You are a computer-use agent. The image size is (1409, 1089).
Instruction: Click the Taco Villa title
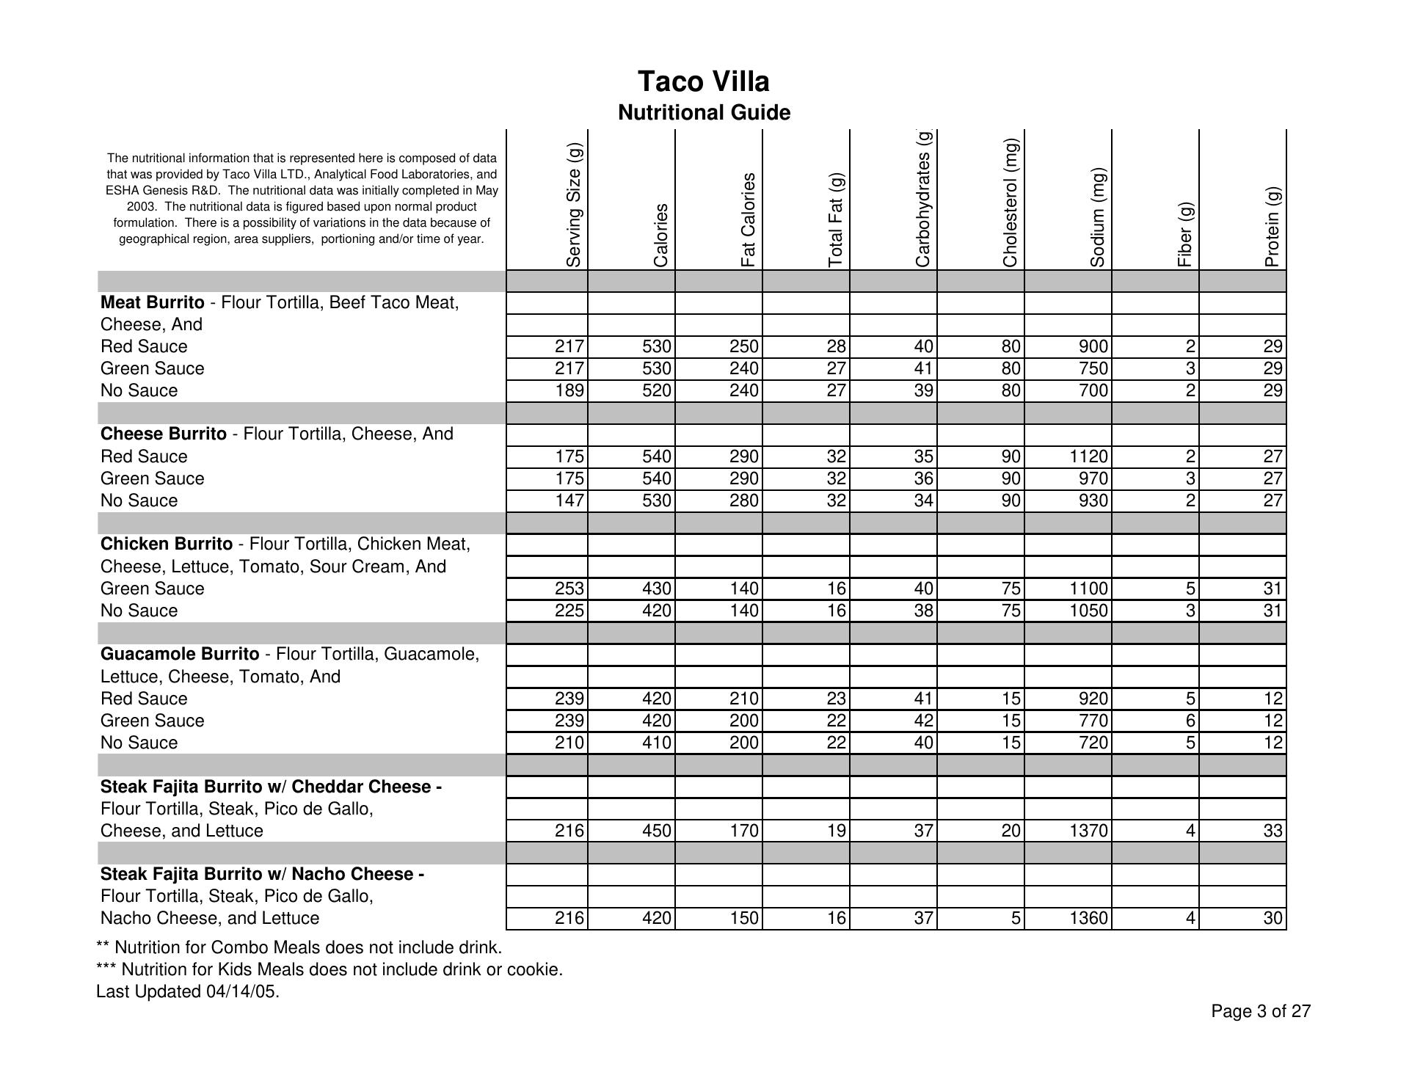click(x=703, y=81)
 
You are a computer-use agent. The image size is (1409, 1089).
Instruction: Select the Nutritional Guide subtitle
click(x=703, y=113)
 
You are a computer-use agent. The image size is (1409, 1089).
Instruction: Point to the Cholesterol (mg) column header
click(x=1011, y=203)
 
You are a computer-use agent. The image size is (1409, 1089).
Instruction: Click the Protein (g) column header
click(x=1273, y=226)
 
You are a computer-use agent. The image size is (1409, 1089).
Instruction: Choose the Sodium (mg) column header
click(x=1098, y=217)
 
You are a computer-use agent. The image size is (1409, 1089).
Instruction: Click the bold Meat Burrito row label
click(x=153, y=302)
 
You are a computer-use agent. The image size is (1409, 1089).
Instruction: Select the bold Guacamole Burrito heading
click(x=180, y=654)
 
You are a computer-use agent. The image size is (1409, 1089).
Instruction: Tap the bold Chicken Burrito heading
click(x=167, y=544)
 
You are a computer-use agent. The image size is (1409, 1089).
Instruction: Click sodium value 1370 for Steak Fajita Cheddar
click(x=1088, y=831)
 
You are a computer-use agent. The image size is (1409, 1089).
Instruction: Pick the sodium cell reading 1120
click(x=1088, y=456)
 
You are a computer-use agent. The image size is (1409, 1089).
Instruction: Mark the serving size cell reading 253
click(x=569, y=589)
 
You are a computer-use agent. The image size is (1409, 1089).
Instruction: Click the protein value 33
click(x=1273, y=831)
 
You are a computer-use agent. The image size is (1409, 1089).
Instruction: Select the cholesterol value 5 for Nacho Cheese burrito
click(x=1015, y=918)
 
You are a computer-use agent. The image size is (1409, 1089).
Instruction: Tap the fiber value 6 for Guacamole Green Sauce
click(x=1190, y=721)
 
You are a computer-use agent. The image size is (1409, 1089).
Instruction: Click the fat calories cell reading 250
click(x=743, y=346)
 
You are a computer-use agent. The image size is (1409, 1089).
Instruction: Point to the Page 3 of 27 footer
click(x=1260, y=1012)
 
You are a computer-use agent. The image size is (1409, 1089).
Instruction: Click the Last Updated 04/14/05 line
click(x=188, y=992)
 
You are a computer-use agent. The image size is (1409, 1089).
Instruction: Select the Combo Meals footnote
click(x=299, y=947)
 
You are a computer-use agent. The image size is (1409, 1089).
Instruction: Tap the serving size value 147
click(x=569, y=500)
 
